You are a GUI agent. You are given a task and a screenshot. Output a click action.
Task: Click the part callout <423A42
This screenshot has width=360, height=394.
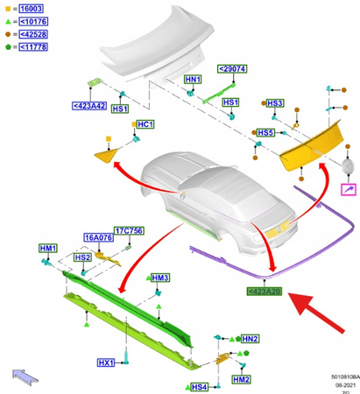[88, 106]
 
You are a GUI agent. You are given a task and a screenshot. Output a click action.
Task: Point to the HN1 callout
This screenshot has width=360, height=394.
[194, 79]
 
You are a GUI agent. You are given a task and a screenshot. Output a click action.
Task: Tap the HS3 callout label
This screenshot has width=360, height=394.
[274, 103]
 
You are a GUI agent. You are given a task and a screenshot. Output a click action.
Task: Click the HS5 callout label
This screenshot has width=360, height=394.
[266, 132]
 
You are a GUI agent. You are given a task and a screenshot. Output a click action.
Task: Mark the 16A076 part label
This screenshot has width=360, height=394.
[97, 236]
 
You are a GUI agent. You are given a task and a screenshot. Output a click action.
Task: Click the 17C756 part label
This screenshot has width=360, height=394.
[128, 231]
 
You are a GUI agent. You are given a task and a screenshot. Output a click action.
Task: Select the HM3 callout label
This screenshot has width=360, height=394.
[161, 278]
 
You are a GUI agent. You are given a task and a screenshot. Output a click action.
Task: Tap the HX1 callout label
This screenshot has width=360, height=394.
[106, 362]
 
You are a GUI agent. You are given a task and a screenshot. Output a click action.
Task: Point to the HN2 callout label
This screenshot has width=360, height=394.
[250, 339]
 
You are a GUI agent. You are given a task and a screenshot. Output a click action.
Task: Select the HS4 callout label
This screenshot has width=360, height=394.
[199, 386]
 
